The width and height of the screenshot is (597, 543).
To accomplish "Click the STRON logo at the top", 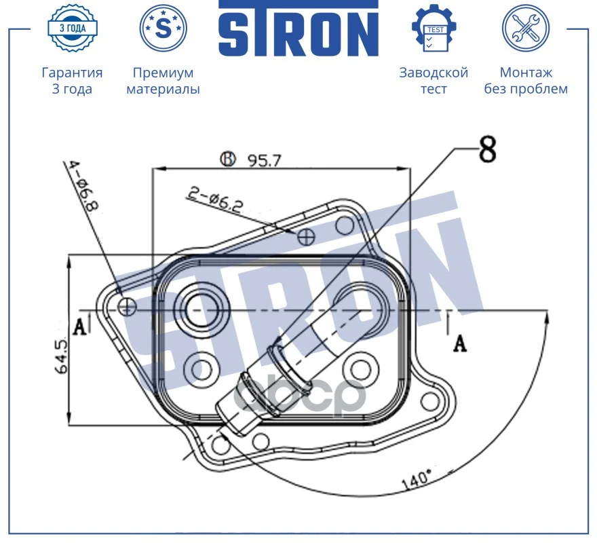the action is click(x=298, y=29).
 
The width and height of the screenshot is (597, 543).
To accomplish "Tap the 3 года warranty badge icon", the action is click(x=73, y=28).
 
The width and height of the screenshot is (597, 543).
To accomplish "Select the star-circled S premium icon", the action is click(x=163, y=29).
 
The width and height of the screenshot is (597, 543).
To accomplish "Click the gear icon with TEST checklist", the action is click(x=434, y=29).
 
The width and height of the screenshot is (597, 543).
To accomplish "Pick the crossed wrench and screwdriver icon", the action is click(x=526, y=29).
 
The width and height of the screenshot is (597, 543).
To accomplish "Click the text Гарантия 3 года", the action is click(x=72, y=80).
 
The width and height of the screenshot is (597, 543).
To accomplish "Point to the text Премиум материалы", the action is click(x=163, y=80).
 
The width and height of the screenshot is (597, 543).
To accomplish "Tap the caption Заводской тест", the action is click(x=434, y=80).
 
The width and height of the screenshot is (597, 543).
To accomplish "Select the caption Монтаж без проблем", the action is click(x=526, y=80).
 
